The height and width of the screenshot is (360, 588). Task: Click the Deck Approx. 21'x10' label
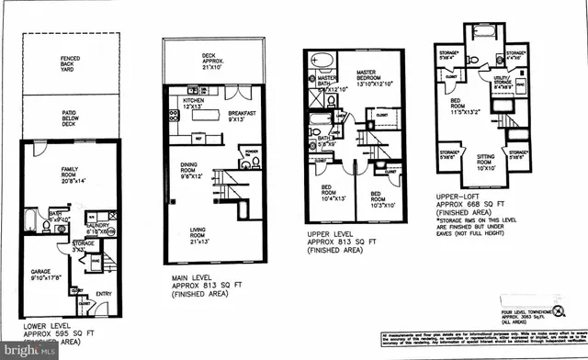217,62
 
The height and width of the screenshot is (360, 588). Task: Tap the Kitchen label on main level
194,103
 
